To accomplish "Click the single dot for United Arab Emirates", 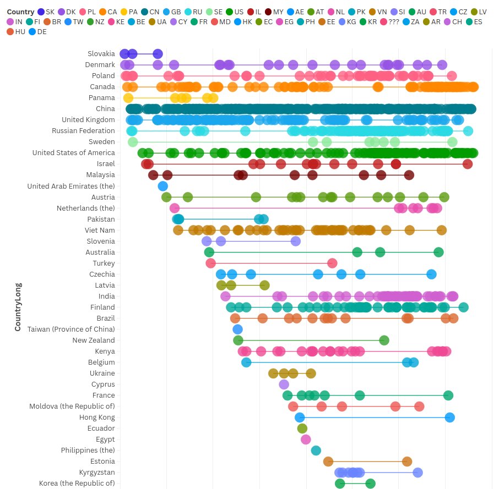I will click(x=162, y=186).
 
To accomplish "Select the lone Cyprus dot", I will click(x=284, y=384).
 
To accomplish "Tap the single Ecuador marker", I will click(x=302, y=428).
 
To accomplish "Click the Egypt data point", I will click(x=306, y=439).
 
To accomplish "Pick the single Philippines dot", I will click(x=316, y=450).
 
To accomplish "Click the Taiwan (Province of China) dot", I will click(x=237, y=329).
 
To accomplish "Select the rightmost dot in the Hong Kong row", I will click(x=449, y=417).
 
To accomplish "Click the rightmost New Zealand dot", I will click(x=384, y=340).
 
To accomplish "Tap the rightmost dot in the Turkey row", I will click(x=332, y=263).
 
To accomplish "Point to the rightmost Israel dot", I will click(x=467, y=164).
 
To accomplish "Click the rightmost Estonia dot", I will click(x=407, y=461).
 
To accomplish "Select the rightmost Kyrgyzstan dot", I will click(x=417, y=472).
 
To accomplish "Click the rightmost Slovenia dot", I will click(x=295, y=241).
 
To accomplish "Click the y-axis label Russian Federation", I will click(x=83, y=131).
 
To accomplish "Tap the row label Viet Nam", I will click(x=100, y=230).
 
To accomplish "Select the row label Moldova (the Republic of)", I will click(x=72, y=406).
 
